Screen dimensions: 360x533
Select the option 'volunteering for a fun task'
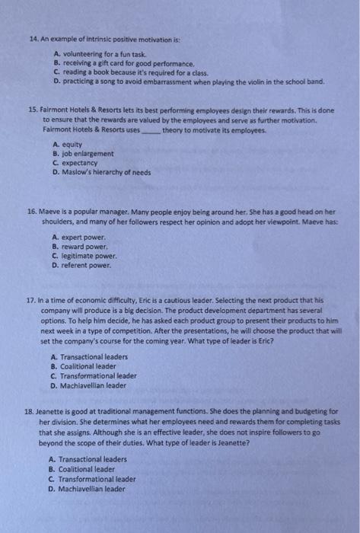(104, 54)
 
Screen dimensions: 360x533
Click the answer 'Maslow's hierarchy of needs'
(106, 172)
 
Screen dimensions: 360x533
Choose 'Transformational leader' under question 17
(97, 375)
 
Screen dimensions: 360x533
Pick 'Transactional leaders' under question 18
(88, 460)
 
